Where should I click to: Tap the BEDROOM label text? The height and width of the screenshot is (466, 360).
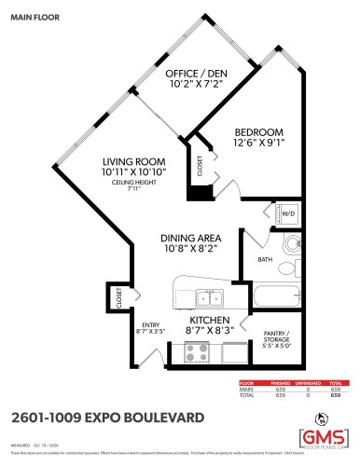tap(260, 131)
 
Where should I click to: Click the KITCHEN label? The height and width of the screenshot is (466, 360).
tap(198, 320)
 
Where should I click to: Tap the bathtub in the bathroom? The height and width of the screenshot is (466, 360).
tap(277, 299)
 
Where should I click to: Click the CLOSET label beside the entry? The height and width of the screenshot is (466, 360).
tap(118, 297)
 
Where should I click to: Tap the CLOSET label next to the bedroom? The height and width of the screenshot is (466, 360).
tap(201, 166)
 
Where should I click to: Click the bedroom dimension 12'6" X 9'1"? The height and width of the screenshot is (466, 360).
tap(260, 143)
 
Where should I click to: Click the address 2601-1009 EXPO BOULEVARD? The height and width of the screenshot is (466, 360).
tap(110, 416)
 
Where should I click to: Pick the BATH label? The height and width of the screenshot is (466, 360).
tap(266, 260)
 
